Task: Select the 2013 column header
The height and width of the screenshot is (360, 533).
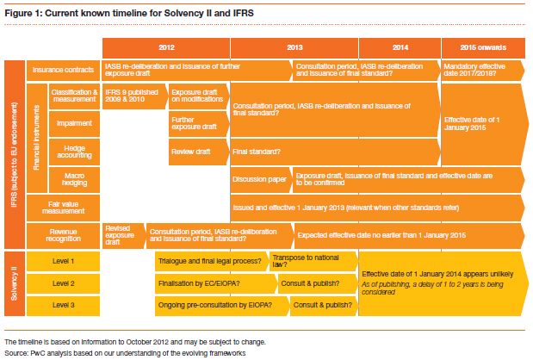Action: pyautogui.click(x=294, y=47)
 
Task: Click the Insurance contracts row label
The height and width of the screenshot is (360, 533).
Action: pyautogui.click(x=62, y=69)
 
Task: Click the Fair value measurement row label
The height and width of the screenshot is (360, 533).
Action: pyautogui.click(x=62, y=208)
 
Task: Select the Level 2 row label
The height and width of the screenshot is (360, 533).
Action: pyautogui.click(x=62, y=282)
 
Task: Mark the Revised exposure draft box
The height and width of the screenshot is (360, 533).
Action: pyautogui.click(x=121, y=234)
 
